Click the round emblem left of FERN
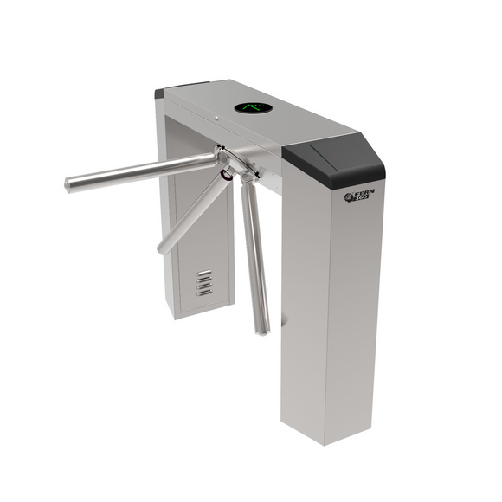pos(350,198)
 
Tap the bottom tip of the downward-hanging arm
pos(262,329)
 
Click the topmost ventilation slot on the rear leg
pos(203,274)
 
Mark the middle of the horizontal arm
pos(143,171)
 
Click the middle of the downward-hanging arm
pos(254,255)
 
